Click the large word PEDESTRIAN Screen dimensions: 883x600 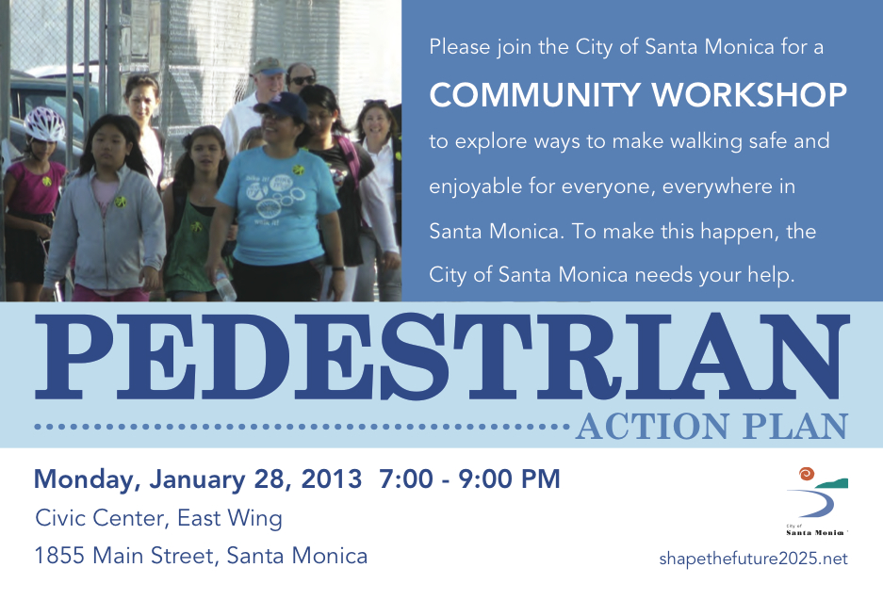[x=442, y=356]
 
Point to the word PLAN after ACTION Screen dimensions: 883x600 [x=795, y=426]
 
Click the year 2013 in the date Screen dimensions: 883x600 [x=331, y=479]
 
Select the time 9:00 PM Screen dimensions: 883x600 [x=509, y=479]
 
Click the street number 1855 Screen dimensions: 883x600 [x=59, y=556]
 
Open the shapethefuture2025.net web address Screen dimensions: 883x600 [x=753, y=559]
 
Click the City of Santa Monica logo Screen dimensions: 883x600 [x=817, y=501]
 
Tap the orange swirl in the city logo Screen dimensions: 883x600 [x=807, y=474]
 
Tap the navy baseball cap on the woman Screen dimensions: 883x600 [x=282, y=105]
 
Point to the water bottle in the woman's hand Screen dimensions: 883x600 [x=224, y=285]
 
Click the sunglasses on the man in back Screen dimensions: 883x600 [x=303, y=80]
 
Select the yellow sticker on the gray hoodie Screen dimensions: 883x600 [x=121, y=202]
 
